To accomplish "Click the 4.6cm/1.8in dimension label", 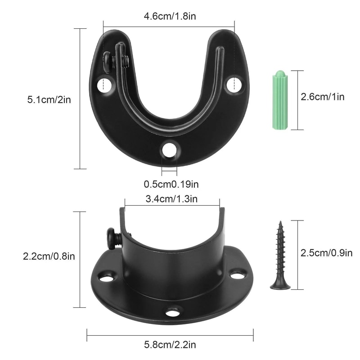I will [x=170, y=17].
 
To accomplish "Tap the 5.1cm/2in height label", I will [x=49, y=99].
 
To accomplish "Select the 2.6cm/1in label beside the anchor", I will [x=322, y=96].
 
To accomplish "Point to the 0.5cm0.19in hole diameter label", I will [x=171, y=184].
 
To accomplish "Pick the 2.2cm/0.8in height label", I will [x=49, y=256].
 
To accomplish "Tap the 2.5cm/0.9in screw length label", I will [x=326, y=253].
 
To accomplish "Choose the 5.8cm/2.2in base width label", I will [x=170, y=345].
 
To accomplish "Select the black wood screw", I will [x=280, y=256].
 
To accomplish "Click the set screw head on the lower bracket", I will [x=111, y=237].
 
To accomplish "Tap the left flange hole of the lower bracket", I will [x=106, y=278].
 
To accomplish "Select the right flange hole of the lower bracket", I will [x=238, y=273].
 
